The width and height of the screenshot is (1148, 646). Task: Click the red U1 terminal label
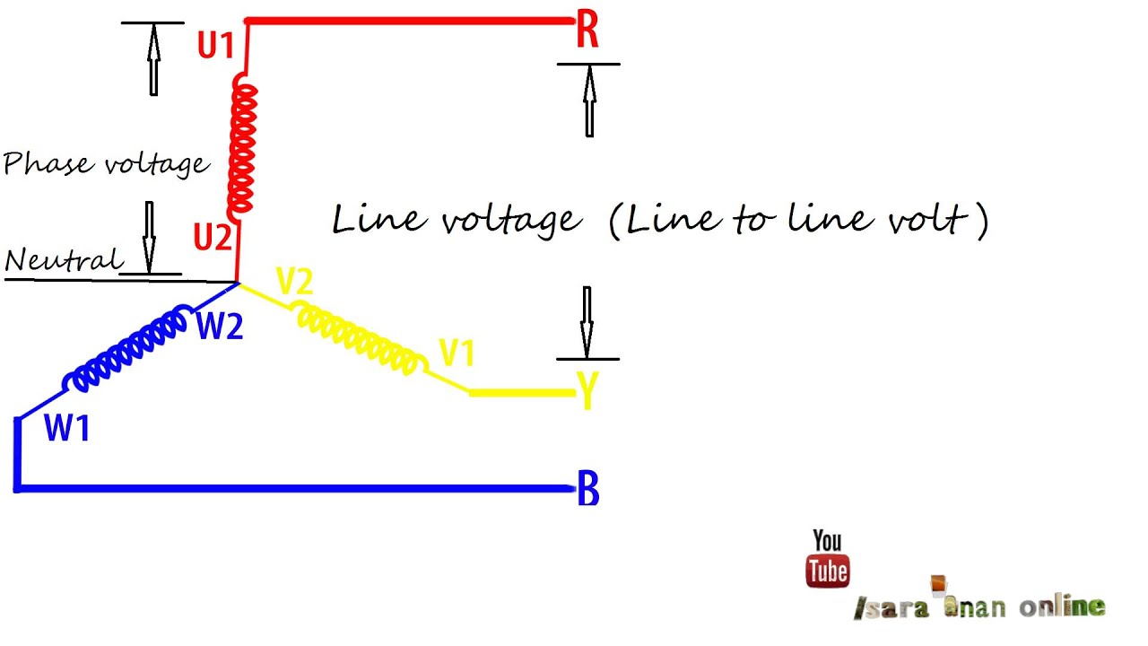[215, 45]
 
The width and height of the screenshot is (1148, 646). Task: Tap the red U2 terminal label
[213, 238]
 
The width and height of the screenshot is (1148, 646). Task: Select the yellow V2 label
[294, 283]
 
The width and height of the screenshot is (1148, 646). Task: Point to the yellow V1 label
[457, 354]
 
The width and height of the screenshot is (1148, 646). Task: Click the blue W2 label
[220, 327]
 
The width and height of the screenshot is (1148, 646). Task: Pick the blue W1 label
[67, 429]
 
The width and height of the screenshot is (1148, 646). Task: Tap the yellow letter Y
[587, 392]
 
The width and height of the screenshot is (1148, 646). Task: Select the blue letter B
[588, 490]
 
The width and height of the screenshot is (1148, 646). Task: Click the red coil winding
[241, 144]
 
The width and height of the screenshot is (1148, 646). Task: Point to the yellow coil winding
[359, 336]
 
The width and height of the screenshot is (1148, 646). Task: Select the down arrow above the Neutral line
[150, 236]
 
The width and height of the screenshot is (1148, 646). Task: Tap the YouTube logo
[827, 559]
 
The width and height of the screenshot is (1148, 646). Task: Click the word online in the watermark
[1062, 607]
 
